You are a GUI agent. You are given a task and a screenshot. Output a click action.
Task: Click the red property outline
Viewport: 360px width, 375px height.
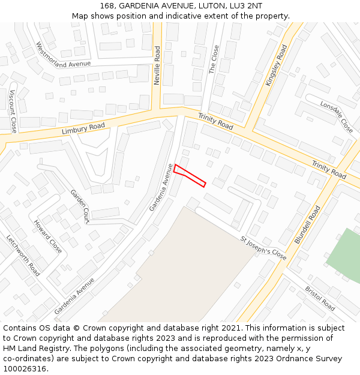[x=190, y=175]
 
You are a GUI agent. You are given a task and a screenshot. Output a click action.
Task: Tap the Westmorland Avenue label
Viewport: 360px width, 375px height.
[x=63, y=55]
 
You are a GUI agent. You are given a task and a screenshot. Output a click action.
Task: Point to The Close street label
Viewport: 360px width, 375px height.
[x=214, y=59]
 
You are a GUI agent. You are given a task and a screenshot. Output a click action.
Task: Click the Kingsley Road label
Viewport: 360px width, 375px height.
[x=277, y=64]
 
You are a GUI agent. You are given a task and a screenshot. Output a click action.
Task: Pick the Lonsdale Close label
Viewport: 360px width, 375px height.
[x=337, y=116]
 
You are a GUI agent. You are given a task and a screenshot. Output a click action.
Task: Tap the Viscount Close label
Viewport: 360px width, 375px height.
[x=13, y=111]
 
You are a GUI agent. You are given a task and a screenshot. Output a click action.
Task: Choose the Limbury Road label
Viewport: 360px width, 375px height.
[x=83, y=129]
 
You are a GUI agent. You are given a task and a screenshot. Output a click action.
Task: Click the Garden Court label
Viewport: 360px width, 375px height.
[x=80, y=206]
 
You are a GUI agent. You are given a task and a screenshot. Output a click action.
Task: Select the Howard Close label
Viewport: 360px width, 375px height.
[x=47, y=236]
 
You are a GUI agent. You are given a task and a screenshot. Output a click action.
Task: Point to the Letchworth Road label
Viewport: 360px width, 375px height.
[x=23, y=255]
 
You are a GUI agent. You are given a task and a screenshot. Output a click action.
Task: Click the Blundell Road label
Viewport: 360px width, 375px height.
[x=307, y=224]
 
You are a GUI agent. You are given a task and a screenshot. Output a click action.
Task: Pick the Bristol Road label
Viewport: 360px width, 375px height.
[x=320, y=298]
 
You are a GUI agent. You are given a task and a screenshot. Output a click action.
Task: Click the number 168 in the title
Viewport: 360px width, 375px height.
[x=108, y=6]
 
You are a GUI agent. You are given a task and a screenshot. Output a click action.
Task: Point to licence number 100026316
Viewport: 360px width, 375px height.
[x=25, y=368]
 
